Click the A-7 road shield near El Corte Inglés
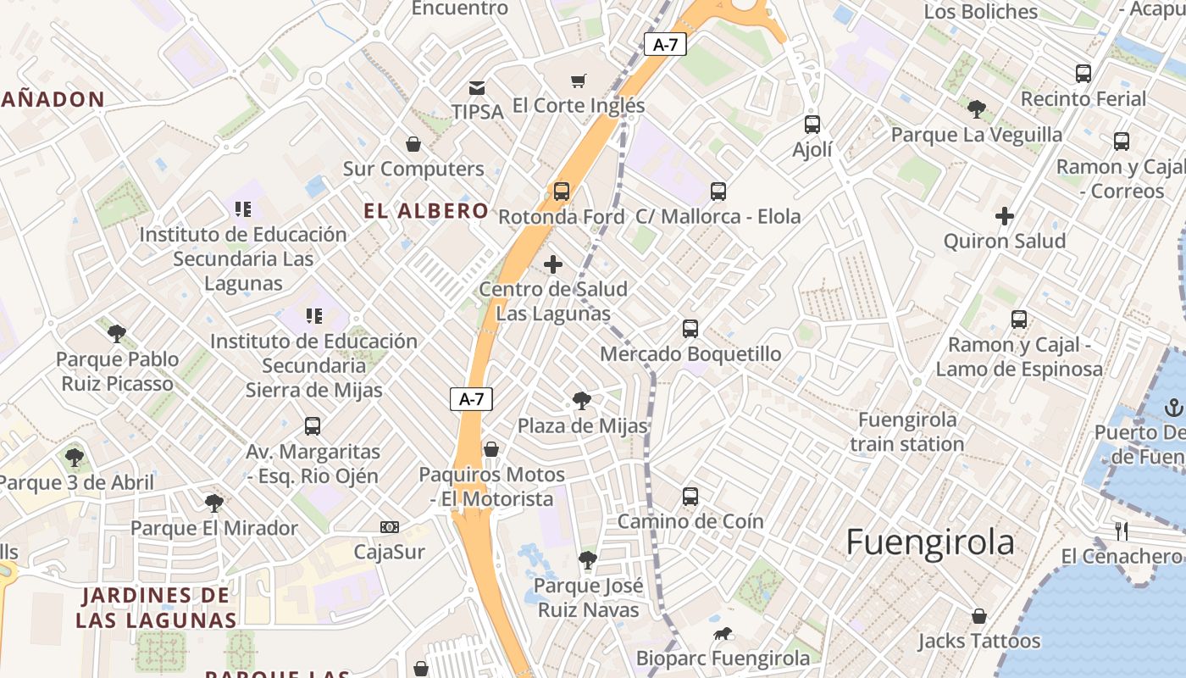[x=665, y=45]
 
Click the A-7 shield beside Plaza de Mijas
[x=471, y=399]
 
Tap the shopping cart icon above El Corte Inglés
[x=579, y=81]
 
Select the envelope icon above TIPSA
[x=477, y=87]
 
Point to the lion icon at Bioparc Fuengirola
[x=722, y=634]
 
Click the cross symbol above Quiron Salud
[x=1005, y=216]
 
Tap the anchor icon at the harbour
[x=1173, y=408]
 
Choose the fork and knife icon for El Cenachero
[x=1122, y=531]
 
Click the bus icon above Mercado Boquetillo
[x=690, y=329]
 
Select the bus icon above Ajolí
[x=812, y=125]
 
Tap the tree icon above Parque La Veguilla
[x=976, y=109]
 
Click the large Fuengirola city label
[x=930, y=542]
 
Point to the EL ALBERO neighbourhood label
[x=426, y=211]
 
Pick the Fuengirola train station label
[x=907, y=432]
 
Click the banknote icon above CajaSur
[x=390, y=527]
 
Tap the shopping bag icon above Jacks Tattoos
[x=979, y=616]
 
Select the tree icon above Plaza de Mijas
[x=581, y=401]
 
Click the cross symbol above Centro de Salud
[x=553, y=264]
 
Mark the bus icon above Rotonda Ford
[x=562, y=192]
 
